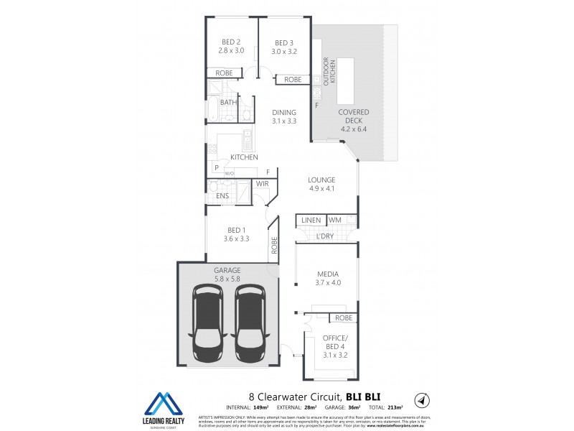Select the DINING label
click(284, 117)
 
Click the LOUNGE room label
click(322, 184)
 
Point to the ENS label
click(222, 195)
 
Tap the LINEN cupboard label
click(311, 219)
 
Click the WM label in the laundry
click(335, 219)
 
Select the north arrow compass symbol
click(423, 399)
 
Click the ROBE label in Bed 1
click(274, 246)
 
